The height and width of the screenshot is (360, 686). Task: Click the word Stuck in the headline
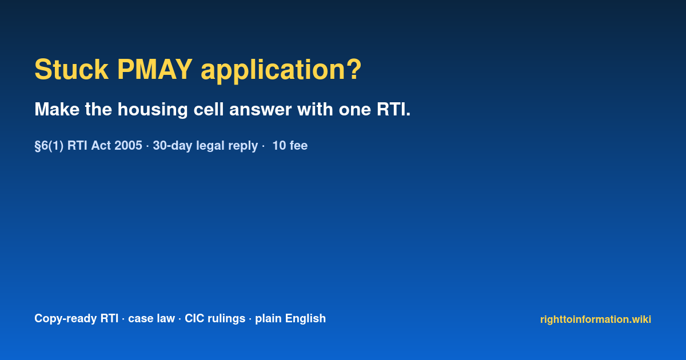(71, 70)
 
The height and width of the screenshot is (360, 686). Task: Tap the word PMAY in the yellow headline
(155, 70)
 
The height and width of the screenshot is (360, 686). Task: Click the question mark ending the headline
(354, 69)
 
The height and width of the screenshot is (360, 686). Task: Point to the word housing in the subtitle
(153, 110)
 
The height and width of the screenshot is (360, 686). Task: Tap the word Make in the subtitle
(57, 109)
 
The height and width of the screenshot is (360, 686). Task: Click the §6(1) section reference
(49, 146)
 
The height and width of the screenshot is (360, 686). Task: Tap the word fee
(298, 146)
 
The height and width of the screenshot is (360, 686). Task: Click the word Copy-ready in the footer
(76, 319)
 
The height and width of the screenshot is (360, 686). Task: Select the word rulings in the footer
(226, 319)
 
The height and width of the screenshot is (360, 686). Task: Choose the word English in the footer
(305, 319)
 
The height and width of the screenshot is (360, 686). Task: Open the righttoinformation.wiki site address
(595, 319)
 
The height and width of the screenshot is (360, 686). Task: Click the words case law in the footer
(151, 318)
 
